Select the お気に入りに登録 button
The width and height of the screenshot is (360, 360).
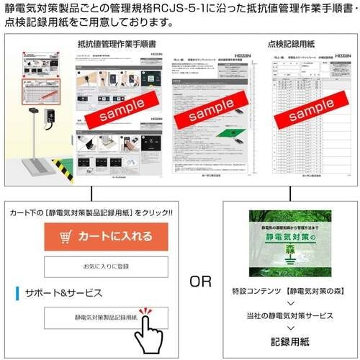point(105,266)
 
